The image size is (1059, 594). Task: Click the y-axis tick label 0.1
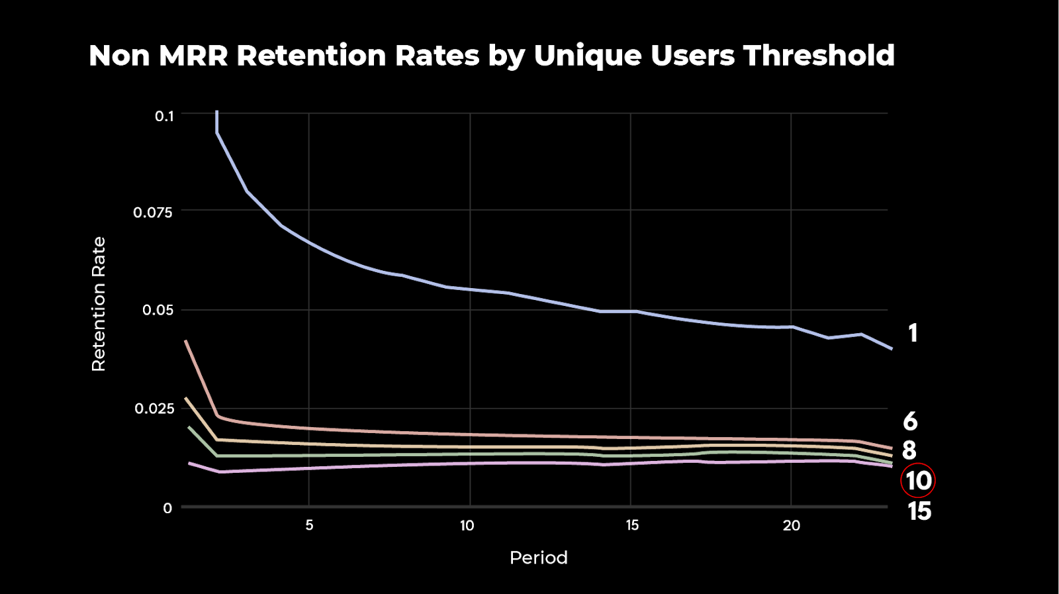coord(164,116)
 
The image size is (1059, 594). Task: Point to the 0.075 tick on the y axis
coord(153,213)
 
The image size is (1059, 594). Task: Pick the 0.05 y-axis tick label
coord(158,310)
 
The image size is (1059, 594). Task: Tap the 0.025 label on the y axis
coord(154,409)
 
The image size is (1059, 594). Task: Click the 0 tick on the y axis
coord(167,508)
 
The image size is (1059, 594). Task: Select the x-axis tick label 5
coord(309,525)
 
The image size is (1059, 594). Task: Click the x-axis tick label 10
coord(467,525)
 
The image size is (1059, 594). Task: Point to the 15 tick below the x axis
coord(632,525)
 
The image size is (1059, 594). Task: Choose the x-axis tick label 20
coord(792,525)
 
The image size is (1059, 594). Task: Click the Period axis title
coord(538,558)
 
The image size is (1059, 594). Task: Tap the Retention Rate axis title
coord(99,304)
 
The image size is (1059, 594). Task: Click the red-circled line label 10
coord(918,481)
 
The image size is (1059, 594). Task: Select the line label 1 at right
coord(913,333)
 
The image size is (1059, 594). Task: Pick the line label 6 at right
coord(910,421)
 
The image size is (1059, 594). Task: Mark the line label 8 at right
coord(909,450)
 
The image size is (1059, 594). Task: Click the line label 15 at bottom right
coord(919,511)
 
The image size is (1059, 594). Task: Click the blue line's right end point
coord(892,348)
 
